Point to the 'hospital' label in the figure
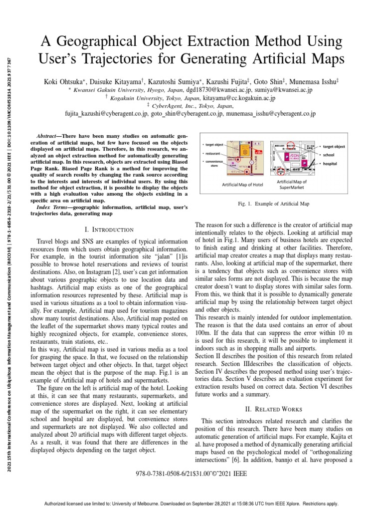[330, 163]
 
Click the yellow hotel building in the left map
[245, 151]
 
